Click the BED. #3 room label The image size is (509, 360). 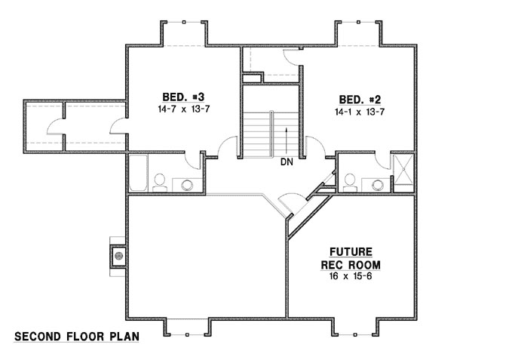click(x=183, y=97)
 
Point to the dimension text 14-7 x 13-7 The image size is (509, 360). click(x=183, y=110)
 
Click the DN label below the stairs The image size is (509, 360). click(x=287, y=162)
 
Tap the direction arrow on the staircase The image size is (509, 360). click(x=287, y=140)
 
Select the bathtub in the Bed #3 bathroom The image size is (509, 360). click(x=140, y=174)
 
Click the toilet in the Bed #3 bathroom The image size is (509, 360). click(x=160, y=182)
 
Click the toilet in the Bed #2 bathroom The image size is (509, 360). click(x=349, y=182)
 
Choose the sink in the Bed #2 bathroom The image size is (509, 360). click(x=376, y=183)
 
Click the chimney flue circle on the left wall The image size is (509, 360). click(x=118, y=255)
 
